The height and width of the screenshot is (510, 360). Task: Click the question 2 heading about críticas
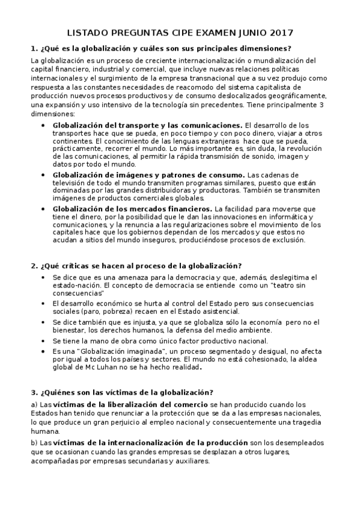click(x=136, y=265)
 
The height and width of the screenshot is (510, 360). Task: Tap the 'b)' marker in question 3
click(x=34, y=443)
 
